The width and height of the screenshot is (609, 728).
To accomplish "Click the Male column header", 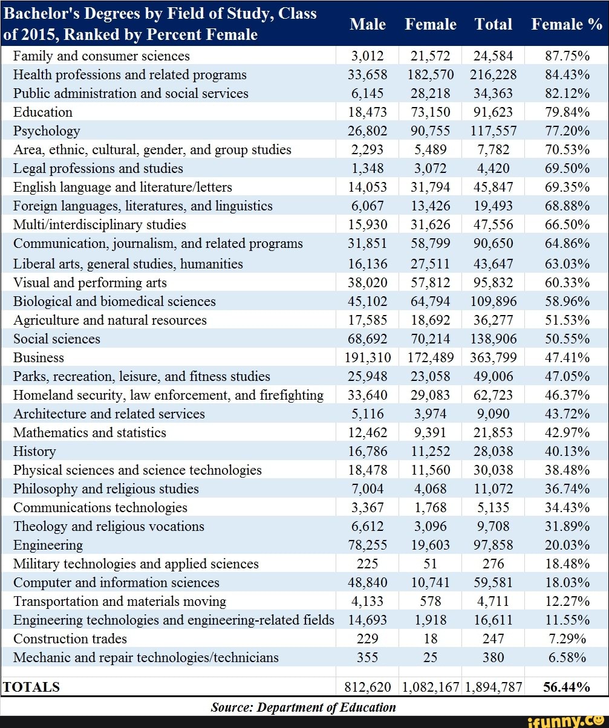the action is (368, 24).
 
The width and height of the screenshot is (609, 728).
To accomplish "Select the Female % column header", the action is (567, 24).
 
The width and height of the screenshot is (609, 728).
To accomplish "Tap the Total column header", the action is (493, 24).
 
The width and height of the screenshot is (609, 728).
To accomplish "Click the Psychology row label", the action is (47, 131).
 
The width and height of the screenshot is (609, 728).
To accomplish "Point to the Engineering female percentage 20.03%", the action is (567, 545).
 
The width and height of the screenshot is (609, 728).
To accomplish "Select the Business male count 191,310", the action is (368, 358).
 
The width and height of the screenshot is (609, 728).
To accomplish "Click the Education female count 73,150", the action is (431, 112).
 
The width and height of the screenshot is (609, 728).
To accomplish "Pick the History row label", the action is (34, 452).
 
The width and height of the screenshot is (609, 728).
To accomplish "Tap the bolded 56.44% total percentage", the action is (567, 687).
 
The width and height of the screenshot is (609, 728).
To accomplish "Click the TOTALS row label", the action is (31, 687).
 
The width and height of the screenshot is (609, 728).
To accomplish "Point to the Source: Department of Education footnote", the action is (303, 707).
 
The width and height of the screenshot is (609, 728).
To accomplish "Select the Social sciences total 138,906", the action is (493, 339).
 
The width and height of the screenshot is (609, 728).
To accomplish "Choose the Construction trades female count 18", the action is (431, 639).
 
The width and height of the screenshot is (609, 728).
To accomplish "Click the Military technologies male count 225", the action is (368, 564).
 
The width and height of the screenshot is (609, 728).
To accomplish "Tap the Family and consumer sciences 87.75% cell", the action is (567, 56).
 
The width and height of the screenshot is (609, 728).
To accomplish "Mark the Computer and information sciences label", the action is (116, 583).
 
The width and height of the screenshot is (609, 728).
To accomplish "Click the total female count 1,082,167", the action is (431, 687).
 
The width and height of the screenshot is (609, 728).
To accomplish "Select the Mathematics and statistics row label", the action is (90, 433).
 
